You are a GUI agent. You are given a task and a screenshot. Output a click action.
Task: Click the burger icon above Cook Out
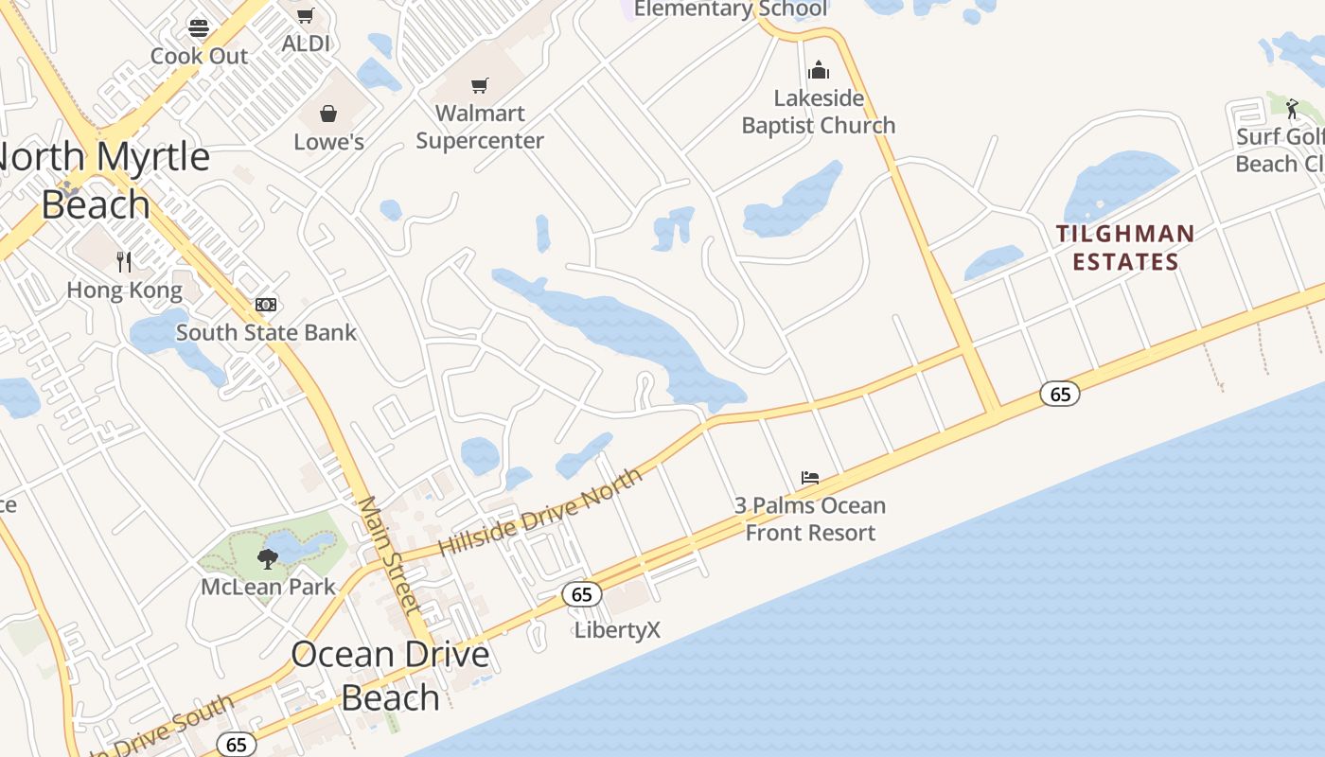199,26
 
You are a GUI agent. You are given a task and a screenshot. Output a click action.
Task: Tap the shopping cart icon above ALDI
305,15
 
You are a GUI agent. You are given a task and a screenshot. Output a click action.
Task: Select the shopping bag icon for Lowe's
328,114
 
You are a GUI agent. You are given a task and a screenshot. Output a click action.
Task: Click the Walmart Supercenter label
480,127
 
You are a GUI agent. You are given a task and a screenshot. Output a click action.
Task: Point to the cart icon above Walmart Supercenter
480,86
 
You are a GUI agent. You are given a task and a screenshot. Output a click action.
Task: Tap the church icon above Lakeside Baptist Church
819,70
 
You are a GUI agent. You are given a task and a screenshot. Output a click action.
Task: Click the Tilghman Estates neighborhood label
1125,247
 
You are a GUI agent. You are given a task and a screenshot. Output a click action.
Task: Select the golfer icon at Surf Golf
1293,109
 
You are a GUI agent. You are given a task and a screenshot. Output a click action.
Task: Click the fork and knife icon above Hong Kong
124,261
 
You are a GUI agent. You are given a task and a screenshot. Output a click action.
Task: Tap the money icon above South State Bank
266,305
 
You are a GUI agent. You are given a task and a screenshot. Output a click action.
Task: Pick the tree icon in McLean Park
268,558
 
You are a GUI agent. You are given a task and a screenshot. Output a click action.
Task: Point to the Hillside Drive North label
541,511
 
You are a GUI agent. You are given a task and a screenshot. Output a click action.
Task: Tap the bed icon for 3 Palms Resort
810,478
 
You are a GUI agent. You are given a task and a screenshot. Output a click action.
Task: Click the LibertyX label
617,630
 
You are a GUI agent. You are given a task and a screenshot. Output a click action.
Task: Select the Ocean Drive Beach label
390,676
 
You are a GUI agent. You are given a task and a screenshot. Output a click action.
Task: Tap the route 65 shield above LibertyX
582,594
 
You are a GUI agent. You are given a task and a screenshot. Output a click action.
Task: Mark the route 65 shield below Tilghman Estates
1060,394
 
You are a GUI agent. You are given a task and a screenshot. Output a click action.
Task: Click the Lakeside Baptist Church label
819,112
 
